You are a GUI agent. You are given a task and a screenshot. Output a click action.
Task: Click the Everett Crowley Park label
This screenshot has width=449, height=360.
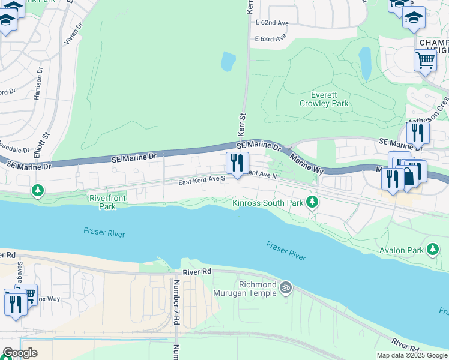(x=324, y=99)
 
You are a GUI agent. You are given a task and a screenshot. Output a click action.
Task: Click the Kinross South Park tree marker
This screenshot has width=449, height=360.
(x=312, y=202)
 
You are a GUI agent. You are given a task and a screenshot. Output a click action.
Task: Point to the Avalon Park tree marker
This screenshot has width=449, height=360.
(x=432, y=249)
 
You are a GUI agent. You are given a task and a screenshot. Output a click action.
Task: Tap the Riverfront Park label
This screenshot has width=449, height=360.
(x=102, y=202)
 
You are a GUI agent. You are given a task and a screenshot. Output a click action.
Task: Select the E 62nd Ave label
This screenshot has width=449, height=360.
(x=272, y=23)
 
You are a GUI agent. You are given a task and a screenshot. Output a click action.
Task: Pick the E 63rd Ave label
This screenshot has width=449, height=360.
(x=270, y=38)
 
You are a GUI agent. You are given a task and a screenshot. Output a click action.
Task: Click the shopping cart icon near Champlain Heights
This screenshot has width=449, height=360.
(x=425, y=59)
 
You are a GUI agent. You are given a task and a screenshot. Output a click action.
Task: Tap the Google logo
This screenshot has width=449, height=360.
(x=20, y=353)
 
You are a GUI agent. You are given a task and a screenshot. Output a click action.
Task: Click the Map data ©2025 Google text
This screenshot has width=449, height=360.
(x=411, y=355)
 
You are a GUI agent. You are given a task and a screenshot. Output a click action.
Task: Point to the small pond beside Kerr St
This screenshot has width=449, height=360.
(x=228, y=61)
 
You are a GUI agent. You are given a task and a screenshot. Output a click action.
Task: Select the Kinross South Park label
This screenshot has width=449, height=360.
(x=268, y=203)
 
